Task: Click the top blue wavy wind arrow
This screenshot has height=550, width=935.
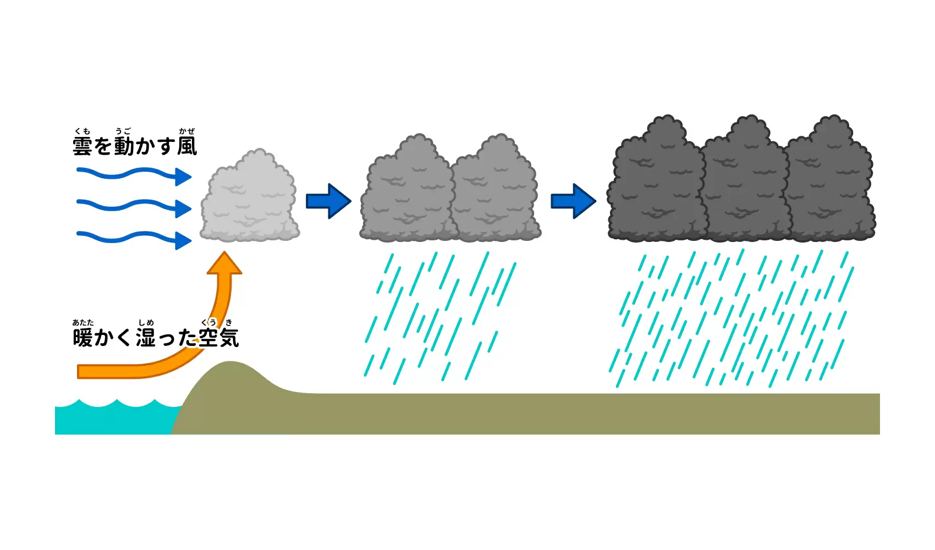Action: (134, 173)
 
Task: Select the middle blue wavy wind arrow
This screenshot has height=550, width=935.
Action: (134, 205)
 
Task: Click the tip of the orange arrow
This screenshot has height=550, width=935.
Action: (224, 251)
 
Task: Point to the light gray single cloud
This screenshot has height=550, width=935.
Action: (250, 196)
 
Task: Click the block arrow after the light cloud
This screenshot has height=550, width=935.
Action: (328, 201)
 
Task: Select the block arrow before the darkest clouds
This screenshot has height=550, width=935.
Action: (574, 201)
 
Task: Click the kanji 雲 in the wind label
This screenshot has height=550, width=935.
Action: (82, 146)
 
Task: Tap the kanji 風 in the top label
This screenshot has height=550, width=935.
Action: (187, 146)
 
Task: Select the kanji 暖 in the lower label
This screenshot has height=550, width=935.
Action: (82, 338)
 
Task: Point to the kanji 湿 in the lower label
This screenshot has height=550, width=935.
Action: (146, 338)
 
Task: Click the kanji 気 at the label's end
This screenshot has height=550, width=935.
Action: (229, 338)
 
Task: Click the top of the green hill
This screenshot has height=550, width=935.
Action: (230, 361)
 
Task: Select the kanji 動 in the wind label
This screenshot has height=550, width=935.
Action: (124, 146)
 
